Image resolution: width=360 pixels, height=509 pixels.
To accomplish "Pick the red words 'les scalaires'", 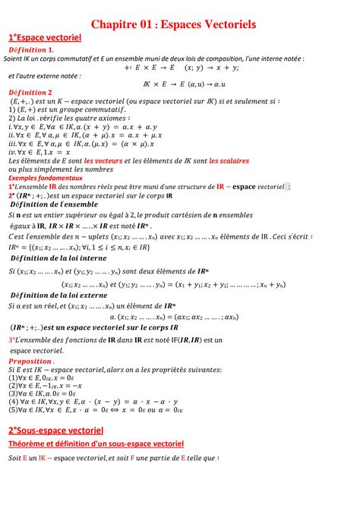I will point(230,160).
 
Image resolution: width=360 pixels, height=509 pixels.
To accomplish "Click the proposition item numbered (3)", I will point(42,394).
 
